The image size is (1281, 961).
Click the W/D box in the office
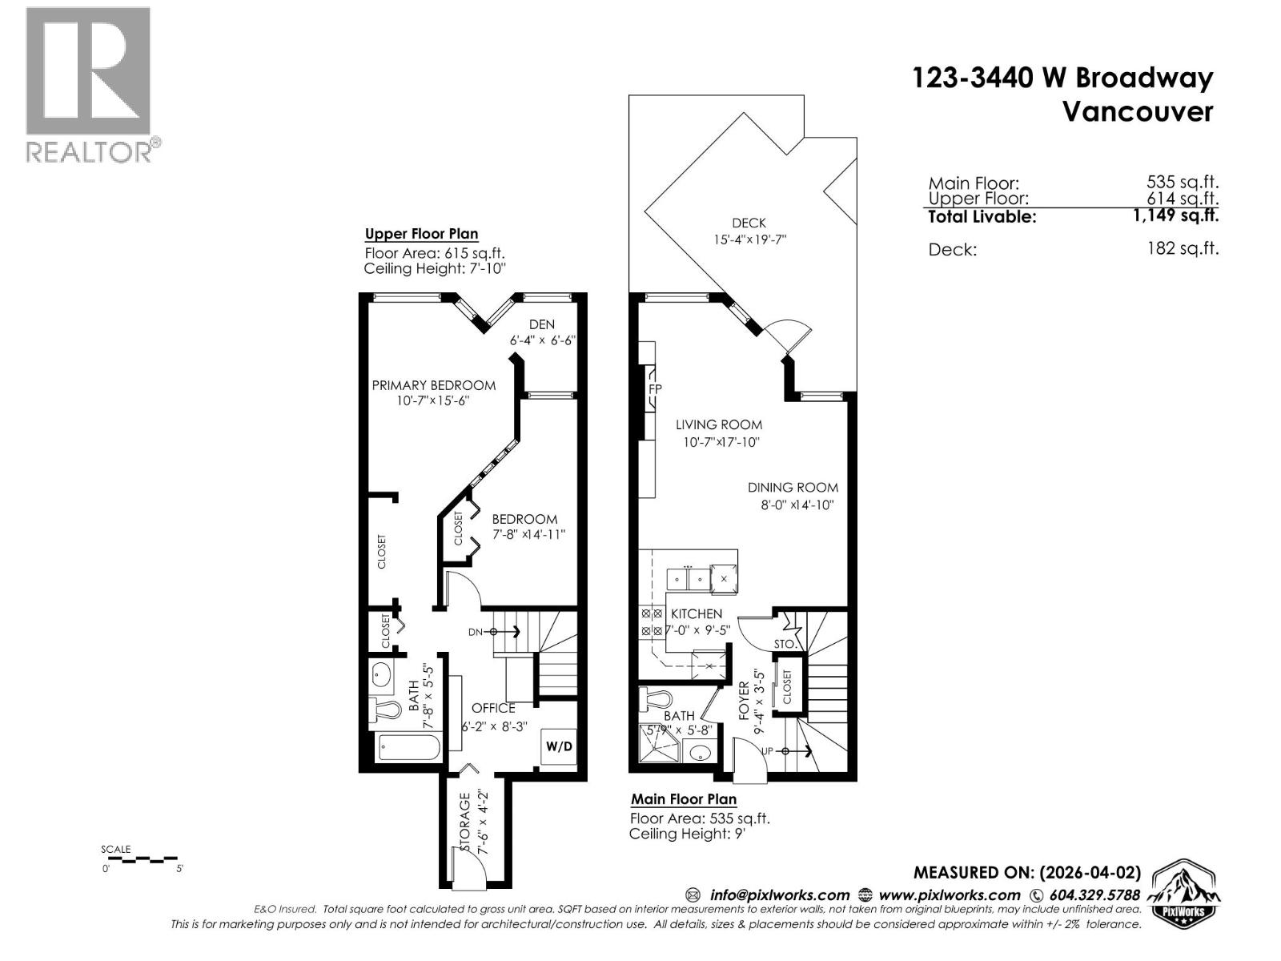pos(560,746)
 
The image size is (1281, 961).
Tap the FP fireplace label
pos(655,389)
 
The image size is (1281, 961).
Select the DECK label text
pos(749,223)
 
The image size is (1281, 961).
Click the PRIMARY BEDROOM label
pos(433,385)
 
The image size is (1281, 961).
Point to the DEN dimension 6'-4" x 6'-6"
pos(543,340)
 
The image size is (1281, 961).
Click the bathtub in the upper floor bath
pos(409,749)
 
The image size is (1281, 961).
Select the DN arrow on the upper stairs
pos(505,632)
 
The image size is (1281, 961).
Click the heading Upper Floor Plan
pos(421,234)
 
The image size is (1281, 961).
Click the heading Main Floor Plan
pos(683,798)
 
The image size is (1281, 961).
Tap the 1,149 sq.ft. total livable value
pos(1176,215)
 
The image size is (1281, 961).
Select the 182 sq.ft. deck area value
pos(1183,248)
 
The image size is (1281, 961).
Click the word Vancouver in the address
pos(1137,111)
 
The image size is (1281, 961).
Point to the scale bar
pos(143,859)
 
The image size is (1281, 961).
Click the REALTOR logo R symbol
pos(88,70)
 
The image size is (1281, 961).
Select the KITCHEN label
pos(697,613)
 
